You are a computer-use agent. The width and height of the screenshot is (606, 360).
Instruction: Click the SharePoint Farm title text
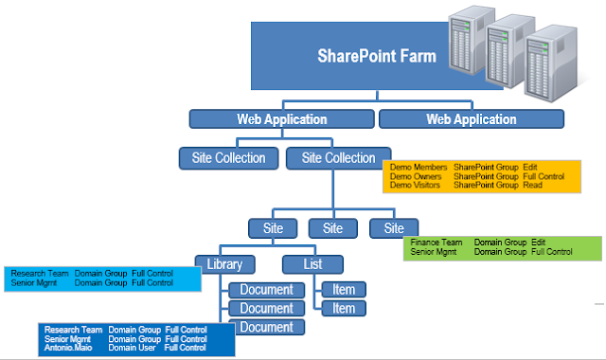pyautogui.click(x=377, y=56)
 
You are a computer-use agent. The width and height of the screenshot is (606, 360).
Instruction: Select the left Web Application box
pyautogui.click(x=281, y=119)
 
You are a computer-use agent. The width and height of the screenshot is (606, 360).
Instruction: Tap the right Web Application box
pyautogui.click(x=472, y=119)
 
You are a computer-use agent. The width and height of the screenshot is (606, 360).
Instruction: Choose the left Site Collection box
pyautogui.click(x=229, y=157)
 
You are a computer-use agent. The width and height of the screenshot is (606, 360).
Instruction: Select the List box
pyautogui.click(x=312, y=264)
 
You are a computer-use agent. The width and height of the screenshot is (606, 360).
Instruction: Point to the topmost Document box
pyautogui.click(x=266, y=289)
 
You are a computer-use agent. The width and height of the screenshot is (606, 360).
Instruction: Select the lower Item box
pyautogui.click(x=344, y=308)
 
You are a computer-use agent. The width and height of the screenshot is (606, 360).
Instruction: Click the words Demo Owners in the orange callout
pyautogui.click(x=412, y=176)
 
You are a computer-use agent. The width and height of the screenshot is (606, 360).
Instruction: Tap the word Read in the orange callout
pyautogui.click(x=533, y=186)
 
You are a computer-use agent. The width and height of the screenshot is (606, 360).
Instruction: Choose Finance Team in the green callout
pyautogui.click(x=437, y=243)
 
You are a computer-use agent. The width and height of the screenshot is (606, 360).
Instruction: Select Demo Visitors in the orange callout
pyautogui.click(x=413, y=186)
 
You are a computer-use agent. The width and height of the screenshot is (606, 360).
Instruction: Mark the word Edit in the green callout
pyautogui.click(x=539, y=243)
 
